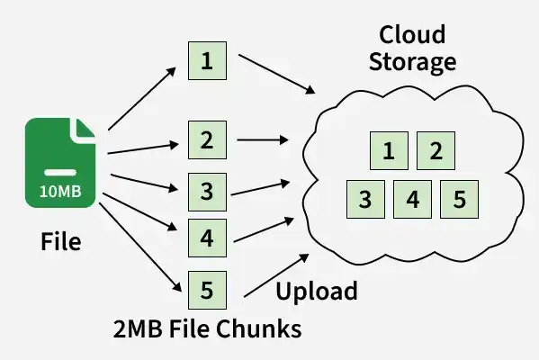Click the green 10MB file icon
point(60,163)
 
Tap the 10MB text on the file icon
point(60,191)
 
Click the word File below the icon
point(61,242)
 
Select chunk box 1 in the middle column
point(207,61)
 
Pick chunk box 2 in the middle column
point(207,139)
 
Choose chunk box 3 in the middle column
point(207,192)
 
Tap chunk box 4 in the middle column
point(207,238)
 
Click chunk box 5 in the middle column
point(207,290)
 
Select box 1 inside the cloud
point(389,150)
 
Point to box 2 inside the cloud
point(436,150)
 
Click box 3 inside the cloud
point(365,199)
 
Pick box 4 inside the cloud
point(412,199)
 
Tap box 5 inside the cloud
point(459,199)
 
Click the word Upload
point(317,292)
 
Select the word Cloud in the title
point(412,34)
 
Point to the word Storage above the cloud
point(412,62)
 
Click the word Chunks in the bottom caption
point(259,328)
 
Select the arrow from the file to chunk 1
point(142,99)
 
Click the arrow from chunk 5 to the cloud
point(276,275)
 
